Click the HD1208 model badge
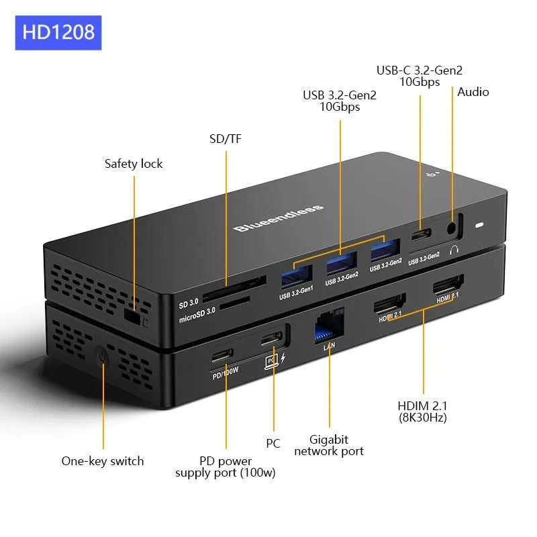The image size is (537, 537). tap(58, 32)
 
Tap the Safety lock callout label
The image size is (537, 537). tap(134, 163)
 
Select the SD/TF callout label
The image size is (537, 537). tap(225, 139)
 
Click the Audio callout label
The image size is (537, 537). tap(473, 92)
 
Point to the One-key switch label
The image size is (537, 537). tap(103, 460)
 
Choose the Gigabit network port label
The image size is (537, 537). tap(329, 445)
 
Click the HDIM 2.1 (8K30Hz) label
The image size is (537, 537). tap(423, 411)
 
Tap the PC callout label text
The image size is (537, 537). tap(273, 443)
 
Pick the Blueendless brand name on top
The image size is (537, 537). tap(279, 218)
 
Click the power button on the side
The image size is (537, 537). tap(101, 354)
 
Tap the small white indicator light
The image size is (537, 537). tap(479, 226)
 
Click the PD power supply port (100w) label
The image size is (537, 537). tap(226, 467)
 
